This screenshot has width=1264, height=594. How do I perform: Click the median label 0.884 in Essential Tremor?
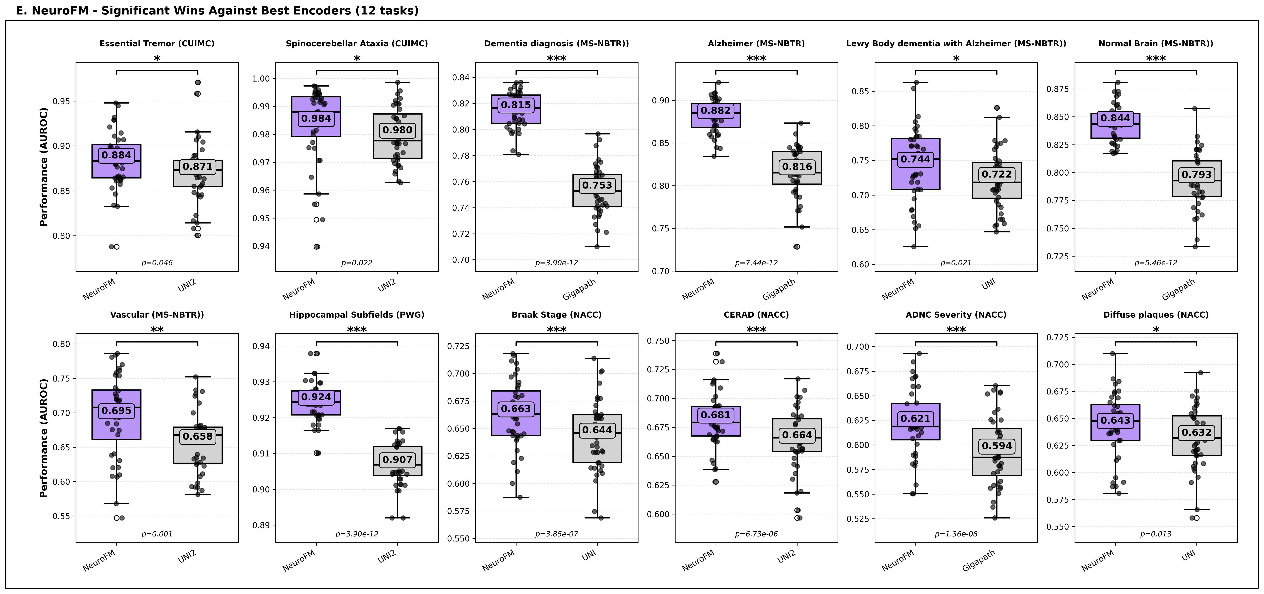point(116,155)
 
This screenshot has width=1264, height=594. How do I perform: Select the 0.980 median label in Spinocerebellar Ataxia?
point(397,130)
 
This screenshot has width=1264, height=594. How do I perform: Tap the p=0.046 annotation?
point(157,263)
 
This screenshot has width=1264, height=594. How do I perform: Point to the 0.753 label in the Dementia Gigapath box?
point(597,185)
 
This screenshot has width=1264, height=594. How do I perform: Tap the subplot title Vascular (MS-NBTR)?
point(157,315)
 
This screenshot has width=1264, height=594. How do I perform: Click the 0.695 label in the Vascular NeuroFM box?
point(116,410)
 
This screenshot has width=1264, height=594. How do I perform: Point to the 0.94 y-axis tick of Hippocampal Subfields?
point(262,346)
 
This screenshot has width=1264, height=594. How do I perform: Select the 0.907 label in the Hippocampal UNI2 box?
point(397,460)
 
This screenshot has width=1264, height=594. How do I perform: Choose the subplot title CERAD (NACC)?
point(756,315)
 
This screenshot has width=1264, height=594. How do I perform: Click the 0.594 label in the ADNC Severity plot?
point(996,446)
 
